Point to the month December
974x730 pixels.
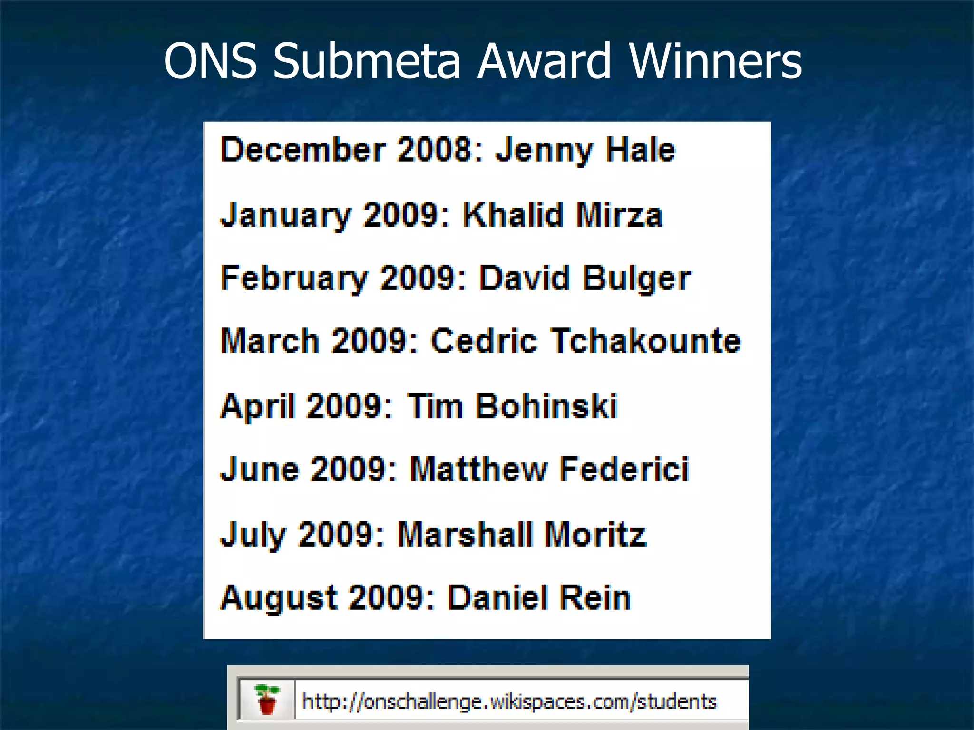(303, 150)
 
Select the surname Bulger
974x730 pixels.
(637, 279)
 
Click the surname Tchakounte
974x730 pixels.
(646, 341)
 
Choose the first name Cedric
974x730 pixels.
(484, 341)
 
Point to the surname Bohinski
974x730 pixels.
(546, 406)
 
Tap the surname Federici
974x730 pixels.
(624, 470)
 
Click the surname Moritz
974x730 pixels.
(595, 534)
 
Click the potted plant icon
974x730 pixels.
(267, 700)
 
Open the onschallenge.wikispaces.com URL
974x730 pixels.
(509, 701)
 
